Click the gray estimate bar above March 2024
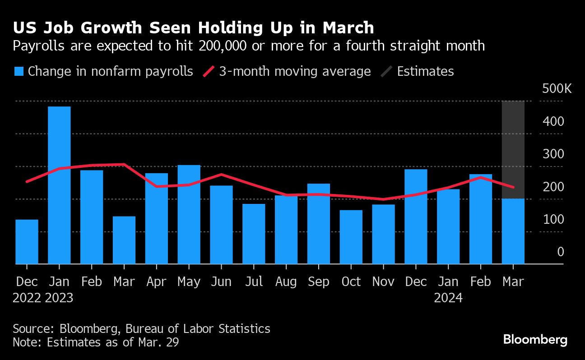[513, 149]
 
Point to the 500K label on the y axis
[557, 88]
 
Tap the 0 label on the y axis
[560, 252]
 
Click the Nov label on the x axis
[383, 282]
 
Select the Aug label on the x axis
[286, 282]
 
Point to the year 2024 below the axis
[448, 298]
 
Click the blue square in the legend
[19, 71]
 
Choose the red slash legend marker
[209, 71]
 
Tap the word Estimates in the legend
[425, 71]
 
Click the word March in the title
[348, 28]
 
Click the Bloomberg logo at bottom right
[535, 339]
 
